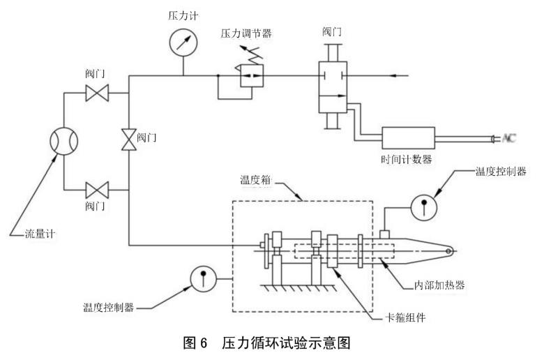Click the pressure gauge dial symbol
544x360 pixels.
point(183,40)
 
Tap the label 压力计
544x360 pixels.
point(182,12)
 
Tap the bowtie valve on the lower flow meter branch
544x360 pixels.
point(96,188)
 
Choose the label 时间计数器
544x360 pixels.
point(404,159)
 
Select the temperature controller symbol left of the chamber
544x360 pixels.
point(202,278)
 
